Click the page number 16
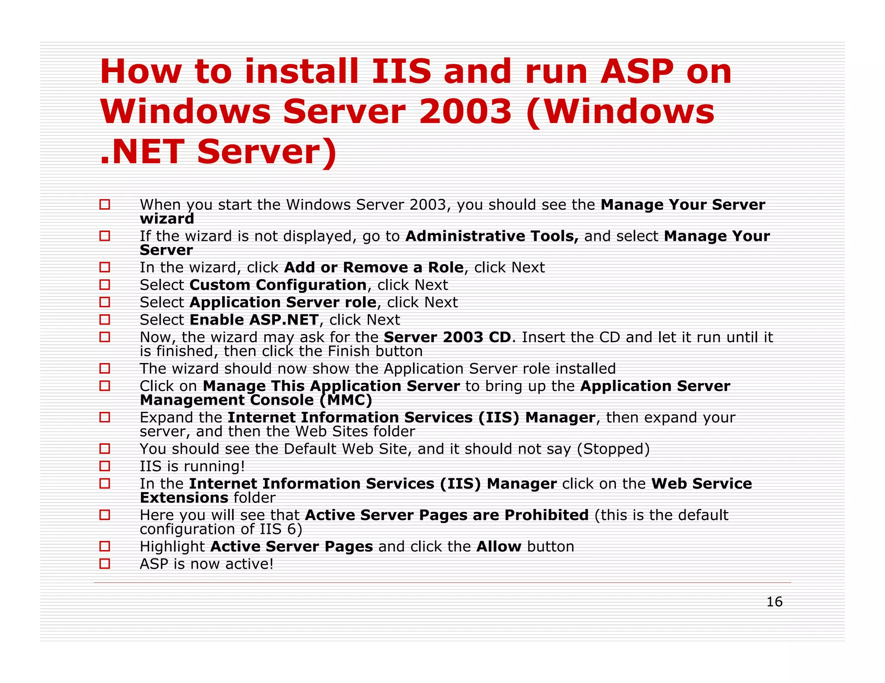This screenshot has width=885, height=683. tap(774, 601)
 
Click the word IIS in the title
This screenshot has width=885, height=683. tap(401, 72)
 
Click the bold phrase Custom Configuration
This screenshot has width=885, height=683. tap(278, 285)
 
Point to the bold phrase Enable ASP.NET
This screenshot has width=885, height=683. tap(254, 320)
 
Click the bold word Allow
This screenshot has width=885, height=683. tap(499, 547)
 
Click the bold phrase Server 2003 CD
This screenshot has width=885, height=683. tap(447, 337)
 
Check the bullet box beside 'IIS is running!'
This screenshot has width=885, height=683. tap(105, 466)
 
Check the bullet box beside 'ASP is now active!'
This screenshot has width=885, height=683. tap(105, 564)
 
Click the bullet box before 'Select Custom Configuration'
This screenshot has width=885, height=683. tap(105, 285)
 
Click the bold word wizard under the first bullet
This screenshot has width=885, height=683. tap(167, 219)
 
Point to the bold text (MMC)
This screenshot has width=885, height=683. tap(346, 400)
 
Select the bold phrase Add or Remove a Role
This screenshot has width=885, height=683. tap(374, 268)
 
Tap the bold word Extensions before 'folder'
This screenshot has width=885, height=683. tap(184, 498)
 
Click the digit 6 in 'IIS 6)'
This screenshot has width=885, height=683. tap(291, 529)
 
